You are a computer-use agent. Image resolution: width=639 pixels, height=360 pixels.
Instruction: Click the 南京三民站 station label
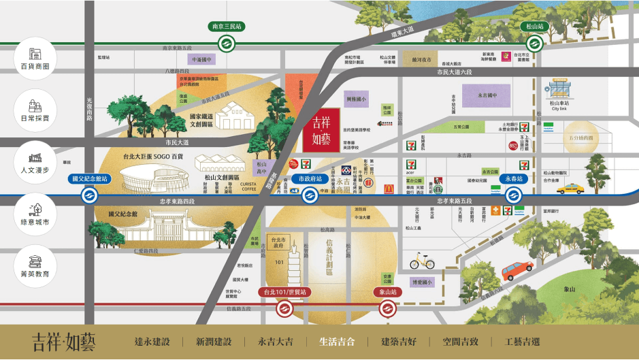click(x=227, y=27)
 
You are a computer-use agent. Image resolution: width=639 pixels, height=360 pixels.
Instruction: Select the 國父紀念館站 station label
click(x=88, y=179)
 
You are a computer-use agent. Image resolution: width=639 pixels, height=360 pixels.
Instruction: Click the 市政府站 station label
click(x=311, y=179)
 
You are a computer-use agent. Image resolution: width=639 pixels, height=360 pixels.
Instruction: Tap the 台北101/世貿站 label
click(x=284, y=292)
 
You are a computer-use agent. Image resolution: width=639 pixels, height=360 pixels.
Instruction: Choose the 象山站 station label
click(x=388, y=292)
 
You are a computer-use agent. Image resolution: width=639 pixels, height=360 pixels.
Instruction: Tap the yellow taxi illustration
click(x=570, y=187)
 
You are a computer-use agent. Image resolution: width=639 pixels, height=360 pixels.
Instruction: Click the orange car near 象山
click(x=519, y=272)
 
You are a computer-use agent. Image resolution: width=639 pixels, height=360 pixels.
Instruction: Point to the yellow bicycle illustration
click(x=422, y=262)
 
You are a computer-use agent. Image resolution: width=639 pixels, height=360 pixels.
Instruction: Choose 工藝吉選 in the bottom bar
click(x=522, y=342)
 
